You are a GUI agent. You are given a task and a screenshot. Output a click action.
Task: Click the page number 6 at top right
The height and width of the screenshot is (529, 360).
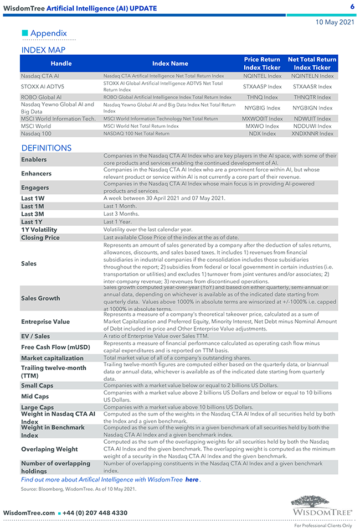click(x=352, y=7)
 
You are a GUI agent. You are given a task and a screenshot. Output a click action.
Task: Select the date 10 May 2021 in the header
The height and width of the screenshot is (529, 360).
click(x=335, y=22)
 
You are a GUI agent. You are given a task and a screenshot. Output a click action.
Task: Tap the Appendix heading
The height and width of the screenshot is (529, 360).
click(x=48, y=33)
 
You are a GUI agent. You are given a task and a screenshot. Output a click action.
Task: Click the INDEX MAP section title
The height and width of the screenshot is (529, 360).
click(x=43, y=50)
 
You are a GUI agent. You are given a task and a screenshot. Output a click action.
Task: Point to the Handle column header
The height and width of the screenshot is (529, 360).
click(x=61, y=64)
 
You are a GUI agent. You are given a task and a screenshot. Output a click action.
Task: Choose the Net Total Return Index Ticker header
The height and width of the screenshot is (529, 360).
click(x=312, y=64)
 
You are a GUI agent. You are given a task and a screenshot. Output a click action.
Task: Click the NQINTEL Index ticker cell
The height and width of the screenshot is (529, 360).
click(x=263, y=76)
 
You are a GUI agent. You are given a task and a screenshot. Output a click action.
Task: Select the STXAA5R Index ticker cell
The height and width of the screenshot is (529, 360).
click(x=312, y=86)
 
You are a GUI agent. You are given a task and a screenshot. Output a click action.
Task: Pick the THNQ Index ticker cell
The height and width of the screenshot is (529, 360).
click(x=263, y=97)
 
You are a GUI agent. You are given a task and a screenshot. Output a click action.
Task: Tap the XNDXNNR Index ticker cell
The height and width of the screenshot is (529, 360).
click(x=312, y=133)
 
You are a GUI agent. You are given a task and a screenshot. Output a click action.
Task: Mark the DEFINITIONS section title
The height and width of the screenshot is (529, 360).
click(x=47, y=148)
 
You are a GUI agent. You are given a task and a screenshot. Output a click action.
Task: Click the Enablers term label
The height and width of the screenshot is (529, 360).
click(x=34, y=160)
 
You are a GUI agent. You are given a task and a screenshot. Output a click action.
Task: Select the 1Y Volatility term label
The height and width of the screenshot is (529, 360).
click(x=39, y=230)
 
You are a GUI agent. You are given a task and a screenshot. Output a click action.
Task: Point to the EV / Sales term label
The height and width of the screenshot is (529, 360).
click(x=35, y=336)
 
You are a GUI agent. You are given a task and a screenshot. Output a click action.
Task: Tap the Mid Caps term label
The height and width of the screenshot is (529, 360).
click(x=35, y=396)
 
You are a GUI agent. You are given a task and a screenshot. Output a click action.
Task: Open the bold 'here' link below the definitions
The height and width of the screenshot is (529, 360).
click(x=192, y=480)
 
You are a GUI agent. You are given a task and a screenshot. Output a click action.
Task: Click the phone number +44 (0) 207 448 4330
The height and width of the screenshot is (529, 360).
click(x=95, y=513)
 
